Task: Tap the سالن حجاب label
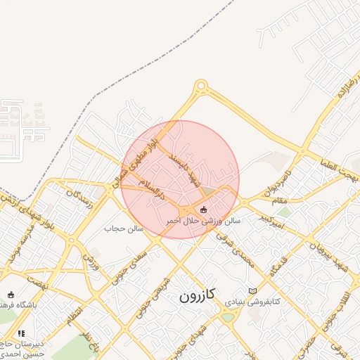tap(124, 229)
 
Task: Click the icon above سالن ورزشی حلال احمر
tap(204, 209)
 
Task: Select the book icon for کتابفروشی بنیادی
tap(253, 291)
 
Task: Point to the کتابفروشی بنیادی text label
tap(252, 301)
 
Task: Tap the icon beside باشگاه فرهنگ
tap(10, 295)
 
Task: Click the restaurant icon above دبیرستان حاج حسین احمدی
tap(21, 333)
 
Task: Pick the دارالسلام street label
tap(150, 189)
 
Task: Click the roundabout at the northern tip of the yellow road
tap(201, 86)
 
